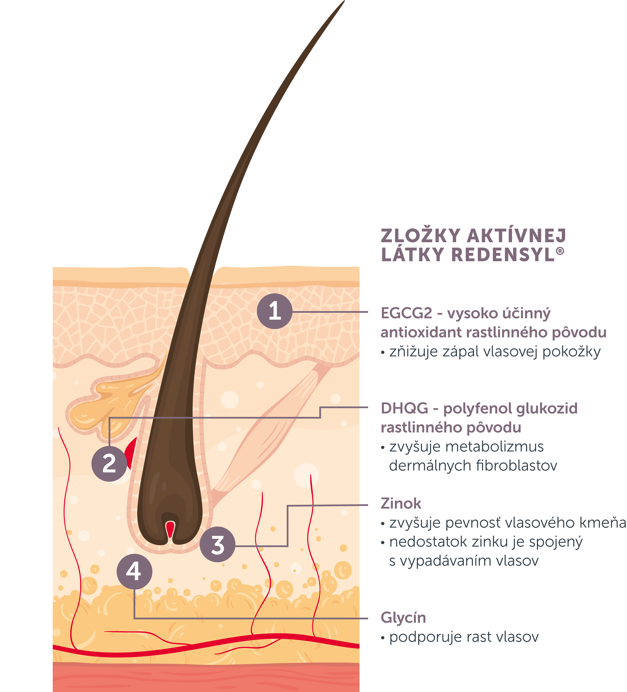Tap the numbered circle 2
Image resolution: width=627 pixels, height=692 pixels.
tap(109, 464)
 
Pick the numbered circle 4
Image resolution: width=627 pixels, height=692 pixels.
tap(134, 572)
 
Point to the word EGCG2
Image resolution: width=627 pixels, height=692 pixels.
tap(406, 313)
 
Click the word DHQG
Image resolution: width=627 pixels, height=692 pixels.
tap(404, 408)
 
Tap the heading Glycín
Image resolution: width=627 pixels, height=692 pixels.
tap(403, 617)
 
